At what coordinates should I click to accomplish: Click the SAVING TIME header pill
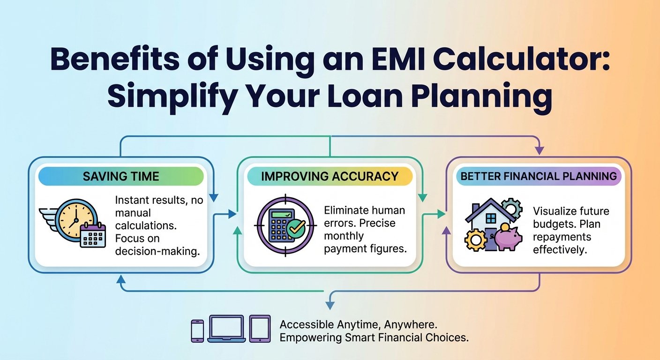click(x=121, y=176)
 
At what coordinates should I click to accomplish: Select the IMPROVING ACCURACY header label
click(x=330, y=176)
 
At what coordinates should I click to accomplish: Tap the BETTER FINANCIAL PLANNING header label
click(x=538, y=176)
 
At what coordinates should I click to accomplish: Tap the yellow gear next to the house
click(x=475, y=240)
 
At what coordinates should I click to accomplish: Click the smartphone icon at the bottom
click(x=197, y=330)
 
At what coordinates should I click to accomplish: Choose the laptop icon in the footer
click(x=226, y=328)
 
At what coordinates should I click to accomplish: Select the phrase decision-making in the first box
click(x=157, y=251)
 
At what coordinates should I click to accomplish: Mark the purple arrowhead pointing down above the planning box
click(x=539, y=151)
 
